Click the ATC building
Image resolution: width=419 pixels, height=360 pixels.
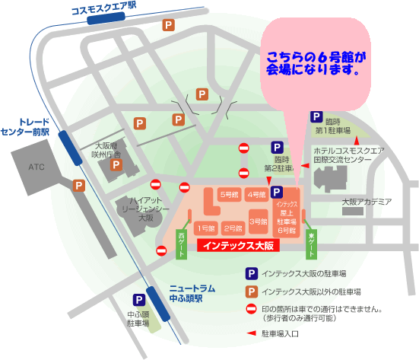(37, 166)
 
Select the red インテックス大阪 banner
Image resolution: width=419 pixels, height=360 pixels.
(240, 246)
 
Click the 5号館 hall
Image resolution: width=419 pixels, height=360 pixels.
(229, 194)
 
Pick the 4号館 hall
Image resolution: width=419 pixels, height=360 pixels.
(256, 194)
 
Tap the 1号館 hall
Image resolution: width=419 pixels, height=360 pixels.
(206, 228)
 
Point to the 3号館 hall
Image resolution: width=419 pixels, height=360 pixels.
(258, 220)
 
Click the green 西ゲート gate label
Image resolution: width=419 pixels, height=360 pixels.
(182, 243)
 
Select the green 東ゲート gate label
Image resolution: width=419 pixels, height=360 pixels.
(310, 243)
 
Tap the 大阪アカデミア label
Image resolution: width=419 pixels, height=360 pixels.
(366, 201)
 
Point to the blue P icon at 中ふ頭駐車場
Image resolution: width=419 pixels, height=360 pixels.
(139, 301)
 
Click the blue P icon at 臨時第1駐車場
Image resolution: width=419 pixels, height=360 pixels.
(316, 116)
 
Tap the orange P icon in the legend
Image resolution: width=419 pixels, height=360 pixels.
(249, 291)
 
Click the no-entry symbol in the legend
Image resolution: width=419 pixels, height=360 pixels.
(249, 311)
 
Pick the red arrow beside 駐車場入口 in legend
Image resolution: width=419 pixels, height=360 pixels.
(249, 333)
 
